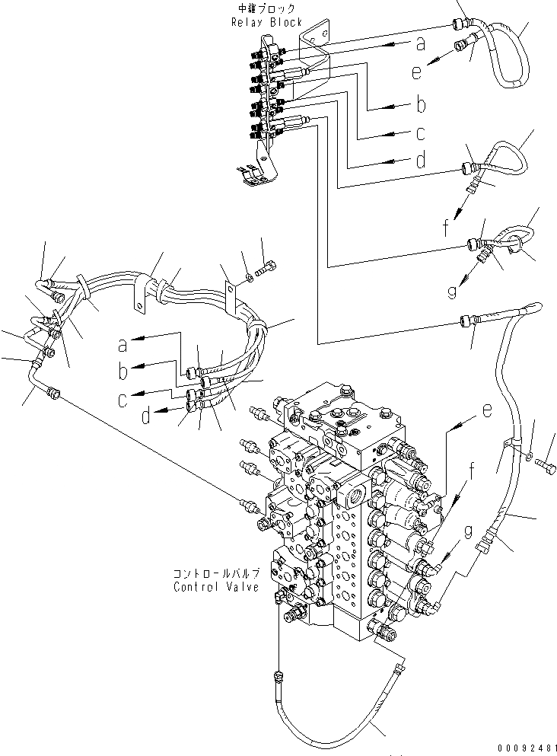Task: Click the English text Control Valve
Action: [216, 587]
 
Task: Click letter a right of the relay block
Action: [419, 44]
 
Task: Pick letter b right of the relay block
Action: [419, 104]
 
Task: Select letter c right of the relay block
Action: [419, 133]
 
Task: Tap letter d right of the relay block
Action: [419, 161]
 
